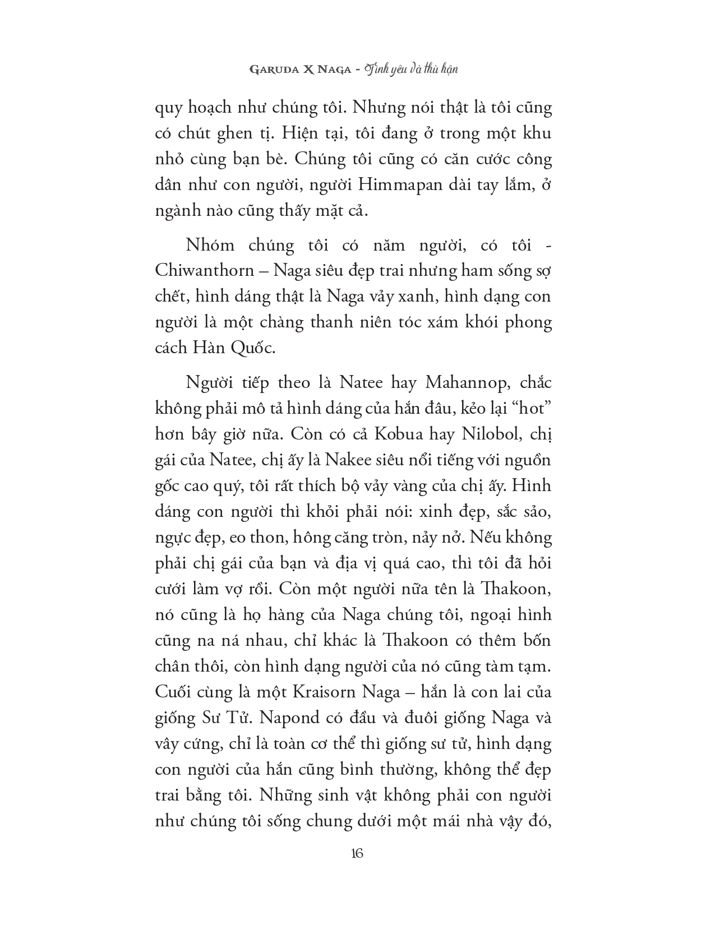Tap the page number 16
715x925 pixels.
tap(357, 853)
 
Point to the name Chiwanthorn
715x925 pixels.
tap(204, 271)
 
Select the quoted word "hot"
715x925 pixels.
tap(524, 408)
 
